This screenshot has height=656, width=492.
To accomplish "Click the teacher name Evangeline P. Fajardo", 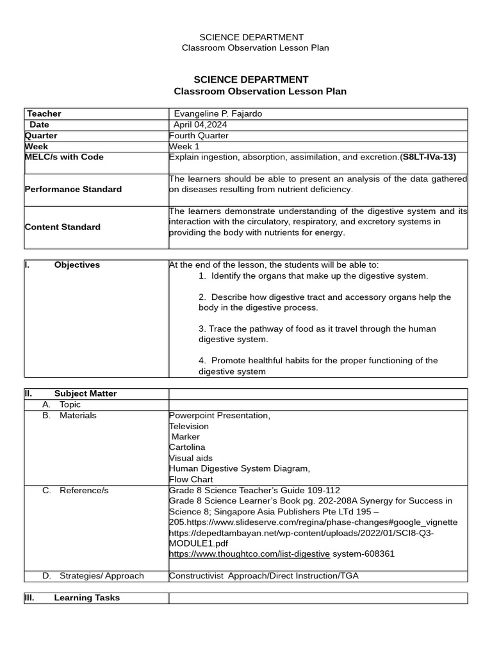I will [x=218, y=114].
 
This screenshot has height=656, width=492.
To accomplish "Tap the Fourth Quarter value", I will [x=199, y=136].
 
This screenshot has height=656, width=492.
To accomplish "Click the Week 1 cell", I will [x=184, y=147].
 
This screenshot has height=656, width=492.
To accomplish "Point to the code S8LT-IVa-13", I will [x=429, y=157].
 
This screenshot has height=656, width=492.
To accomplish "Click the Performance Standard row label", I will [x=73, y=190].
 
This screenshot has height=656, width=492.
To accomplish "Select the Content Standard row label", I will [x=63, y=227].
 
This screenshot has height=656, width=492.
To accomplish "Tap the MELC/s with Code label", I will [x=64, y=157].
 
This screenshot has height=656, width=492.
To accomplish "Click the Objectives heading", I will [x=77, y=265].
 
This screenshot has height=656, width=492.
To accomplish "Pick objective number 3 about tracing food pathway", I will [x=317, y=334].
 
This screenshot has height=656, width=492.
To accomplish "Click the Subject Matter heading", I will [x=85, y=394].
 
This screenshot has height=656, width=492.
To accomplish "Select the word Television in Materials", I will [x=189, y=426].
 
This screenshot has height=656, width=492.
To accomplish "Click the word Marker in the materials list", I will [x=186, y=437].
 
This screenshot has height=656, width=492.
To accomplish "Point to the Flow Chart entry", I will [x=191, y=479].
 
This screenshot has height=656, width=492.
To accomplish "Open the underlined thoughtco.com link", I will [x=250, y=554].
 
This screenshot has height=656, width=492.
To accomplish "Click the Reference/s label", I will [x=84, y=491].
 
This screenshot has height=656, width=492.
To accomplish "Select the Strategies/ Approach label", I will [x=101, y=576].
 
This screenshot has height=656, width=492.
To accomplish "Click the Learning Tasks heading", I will [x=86, y=598].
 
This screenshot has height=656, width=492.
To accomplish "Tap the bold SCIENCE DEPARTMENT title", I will [x=250, y=79].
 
